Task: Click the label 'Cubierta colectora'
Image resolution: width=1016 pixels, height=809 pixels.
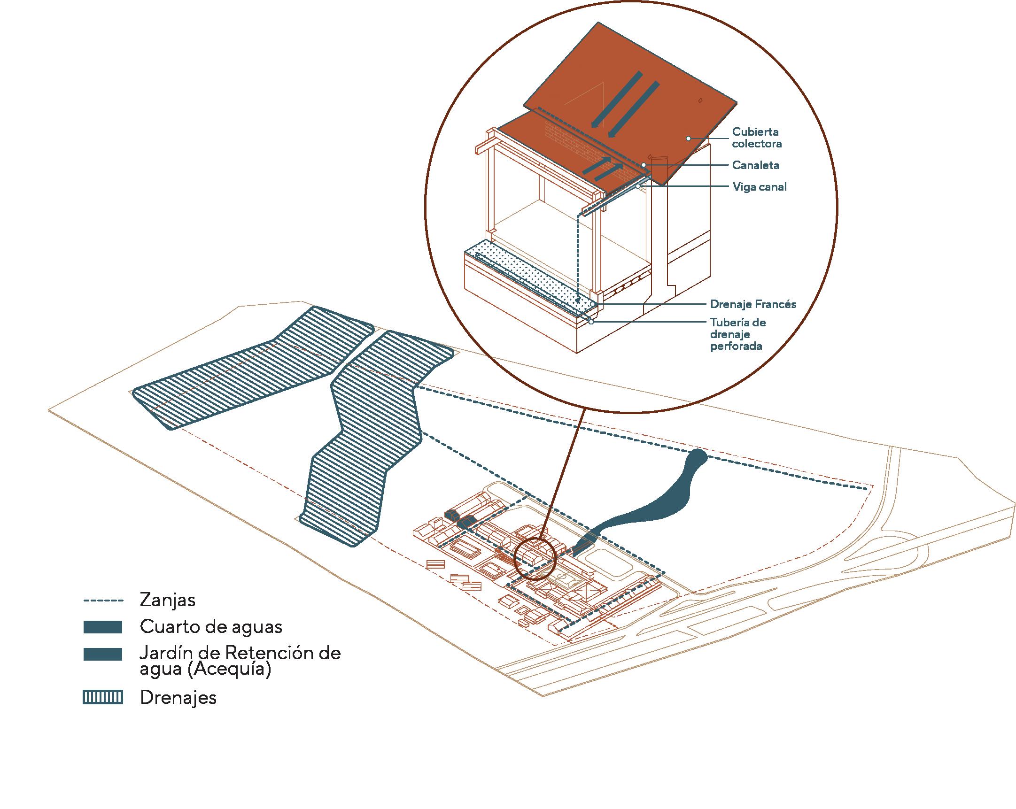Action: [756, 138]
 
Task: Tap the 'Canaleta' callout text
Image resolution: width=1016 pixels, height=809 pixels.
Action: [755, 165]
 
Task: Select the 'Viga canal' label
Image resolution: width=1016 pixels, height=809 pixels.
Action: [759, 187]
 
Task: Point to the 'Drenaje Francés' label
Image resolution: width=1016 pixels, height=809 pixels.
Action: [752, 304]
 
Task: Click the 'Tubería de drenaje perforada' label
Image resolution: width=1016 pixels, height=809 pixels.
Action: [737, 334]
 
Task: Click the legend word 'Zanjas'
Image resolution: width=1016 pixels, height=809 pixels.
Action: [167, 600]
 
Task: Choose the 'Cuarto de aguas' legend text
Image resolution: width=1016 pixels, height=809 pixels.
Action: [210, 627]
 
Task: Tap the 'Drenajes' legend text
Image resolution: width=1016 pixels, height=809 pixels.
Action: [178, 697]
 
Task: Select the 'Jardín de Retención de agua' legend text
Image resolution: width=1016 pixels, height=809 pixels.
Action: [240, 661]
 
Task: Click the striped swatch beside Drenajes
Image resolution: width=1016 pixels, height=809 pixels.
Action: [103, 697]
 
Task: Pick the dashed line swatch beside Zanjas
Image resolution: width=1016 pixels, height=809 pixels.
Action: [103, 601]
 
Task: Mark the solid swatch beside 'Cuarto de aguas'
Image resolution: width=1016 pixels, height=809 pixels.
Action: [103, 627]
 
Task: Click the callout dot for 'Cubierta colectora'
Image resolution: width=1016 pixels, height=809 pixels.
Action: [688, 139]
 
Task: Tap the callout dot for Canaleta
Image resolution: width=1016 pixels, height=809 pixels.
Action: [643, 165]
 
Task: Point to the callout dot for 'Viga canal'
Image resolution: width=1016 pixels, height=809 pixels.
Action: [637, 186]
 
